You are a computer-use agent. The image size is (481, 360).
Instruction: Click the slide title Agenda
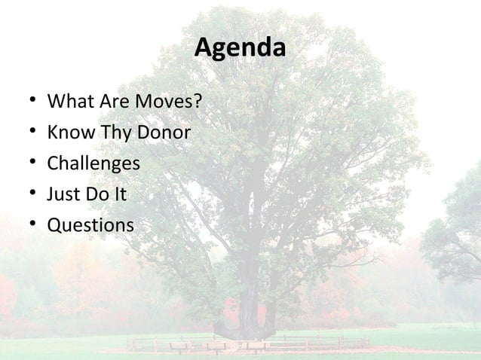click(240, 48)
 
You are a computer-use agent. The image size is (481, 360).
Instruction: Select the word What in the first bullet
click(67, 102)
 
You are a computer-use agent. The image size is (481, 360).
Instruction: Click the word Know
click(68, 133)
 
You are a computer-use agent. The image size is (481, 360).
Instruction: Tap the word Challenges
click(93, 164)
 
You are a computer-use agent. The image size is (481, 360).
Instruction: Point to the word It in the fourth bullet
click(119, 194)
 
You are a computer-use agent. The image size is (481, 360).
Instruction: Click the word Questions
click(90, 225)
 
